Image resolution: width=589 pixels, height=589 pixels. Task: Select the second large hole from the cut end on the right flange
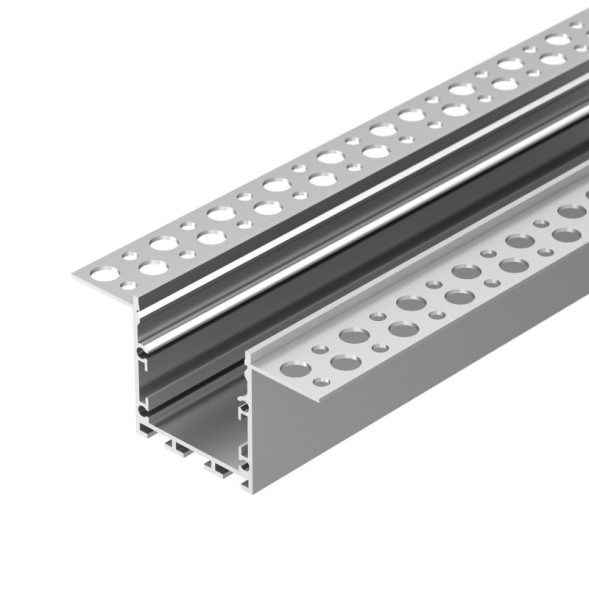point(346,362)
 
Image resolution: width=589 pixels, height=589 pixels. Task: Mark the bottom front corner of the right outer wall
point(250,489)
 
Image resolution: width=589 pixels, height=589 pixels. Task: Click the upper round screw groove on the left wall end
point(143,352)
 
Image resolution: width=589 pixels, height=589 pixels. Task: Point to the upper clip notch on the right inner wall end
point(241,404)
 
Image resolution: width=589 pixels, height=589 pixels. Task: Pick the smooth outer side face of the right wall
point(400,400)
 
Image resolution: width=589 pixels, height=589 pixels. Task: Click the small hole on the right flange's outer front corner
point(320,382)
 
